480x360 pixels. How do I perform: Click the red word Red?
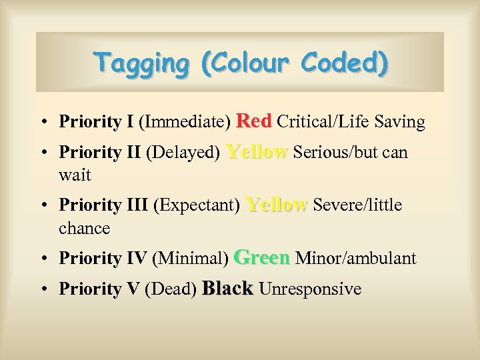[x=254, y=121]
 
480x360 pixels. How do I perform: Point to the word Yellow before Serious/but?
[x=257, y=152]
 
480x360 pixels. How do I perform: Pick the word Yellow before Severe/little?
[x=277, y=205]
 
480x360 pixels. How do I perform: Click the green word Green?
[x=263, y=257]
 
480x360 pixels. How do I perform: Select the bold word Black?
[x=227, y=289]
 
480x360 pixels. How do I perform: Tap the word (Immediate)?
[x=185, y=122]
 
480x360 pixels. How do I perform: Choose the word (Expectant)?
[x=197, y=205]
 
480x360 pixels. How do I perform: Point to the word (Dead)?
[x=170, y=289]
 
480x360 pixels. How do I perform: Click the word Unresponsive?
[x=310, y=289]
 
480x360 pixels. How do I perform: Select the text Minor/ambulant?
[x=355, y=258]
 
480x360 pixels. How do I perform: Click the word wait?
[x=75, y=176]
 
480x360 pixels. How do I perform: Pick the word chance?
[x=84, y=228]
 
